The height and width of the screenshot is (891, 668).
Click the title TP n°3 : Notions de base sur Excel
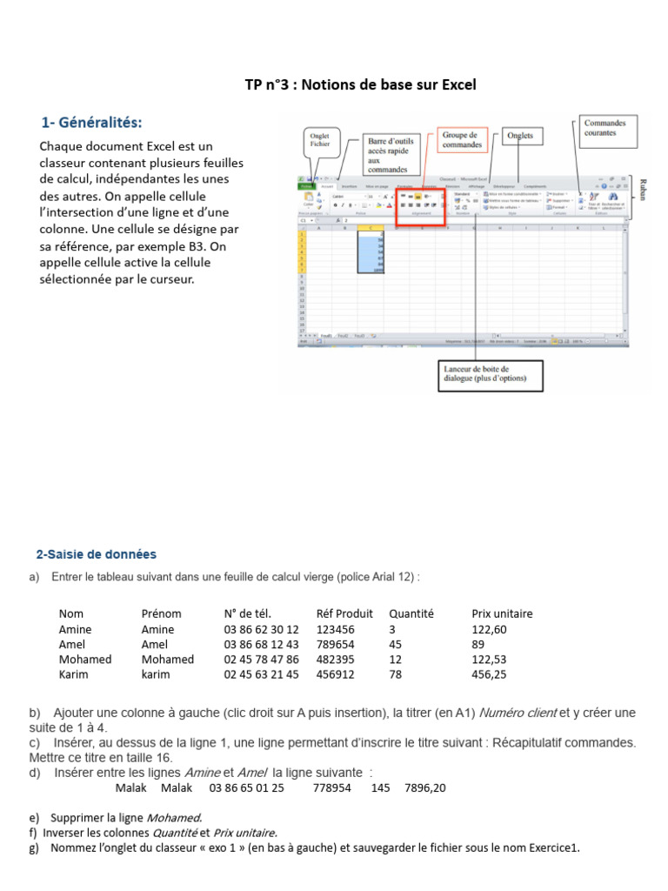[x=360, y=85]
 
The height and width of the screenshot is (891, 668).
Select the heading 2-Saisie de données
[x=97, y=554]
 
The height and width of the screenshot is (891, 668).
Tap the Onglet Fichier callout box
[x=319, y=143]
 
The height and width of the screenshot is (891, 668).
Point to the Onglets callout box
[x=520, y=137]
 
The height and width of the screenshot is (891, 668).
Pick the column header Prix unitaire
[x=502, y=613]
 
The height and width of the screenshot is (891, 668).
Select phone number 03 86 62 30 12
[x=261, y=629]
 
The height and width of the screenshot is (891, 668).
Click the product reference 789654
[x=335, y=644]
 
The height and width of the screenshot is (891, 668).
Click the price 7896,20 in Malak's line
[x=424, y=788]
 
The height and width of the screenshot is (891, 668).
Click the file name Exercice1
[x=552, y=848]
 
